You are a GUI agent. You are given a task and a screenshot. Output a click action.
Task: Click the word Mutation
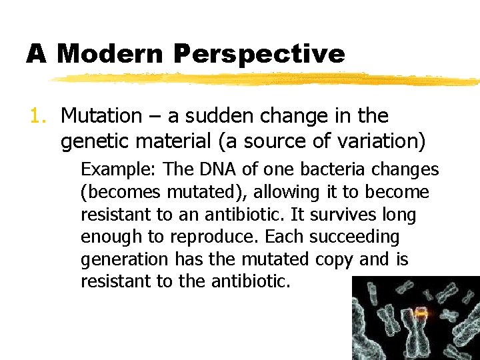point(101,116)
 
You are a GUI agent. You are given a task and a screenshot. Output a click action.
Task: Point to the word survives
point(346,215)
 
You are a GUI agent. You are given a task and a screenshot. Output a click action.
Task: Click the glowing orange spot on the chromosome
point(421,312)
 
